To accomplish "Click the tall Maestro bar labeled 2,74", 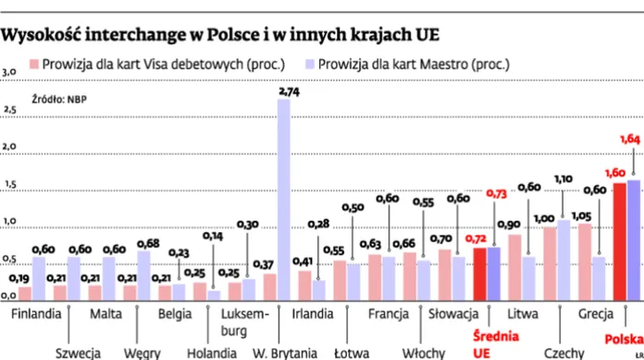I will tap(284, 199).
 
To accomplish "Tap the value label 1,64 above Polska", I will tap(628, 140).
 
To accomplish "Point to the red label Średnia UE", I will tap(490, 343).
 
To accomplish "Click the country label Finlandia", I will tap(37, 313).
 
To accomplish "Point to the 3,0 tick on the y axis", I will tap(9, 71).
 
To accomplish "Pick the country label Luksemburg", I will tap(247, 321).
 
